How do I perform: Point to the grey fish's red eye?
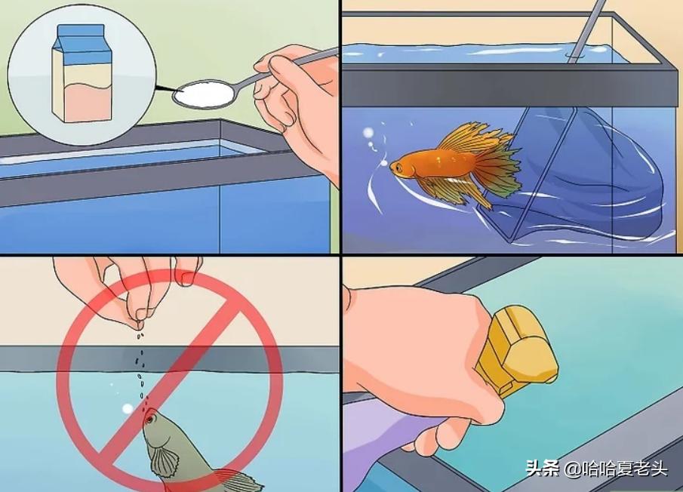[149, 417]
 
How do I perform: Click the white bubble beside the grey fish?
[127, 407]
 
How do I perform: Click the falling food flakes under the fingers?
[141, 362]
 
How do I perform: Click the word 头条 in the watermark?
[543, 469]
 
